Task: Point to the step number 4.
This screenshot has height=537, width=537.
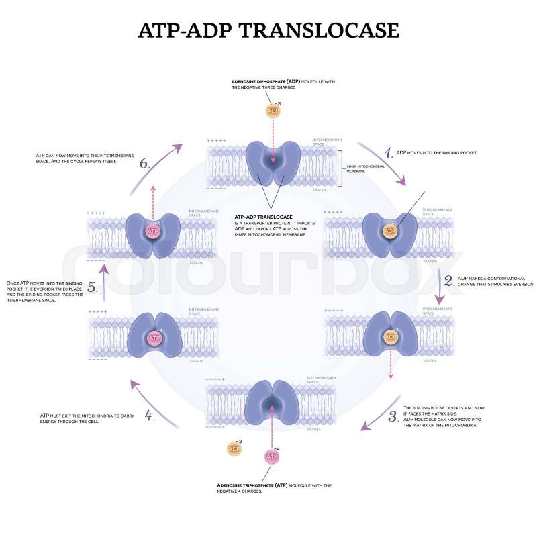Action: tap(150, 414)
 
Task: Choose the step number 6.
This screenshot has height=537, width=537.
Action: tap(144, 163)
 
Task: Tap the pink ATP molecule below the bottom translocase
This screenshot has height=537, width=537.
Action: tap(272, 456)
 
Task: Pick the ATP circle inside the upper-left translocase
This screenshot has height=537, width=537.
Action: tap(152, 231)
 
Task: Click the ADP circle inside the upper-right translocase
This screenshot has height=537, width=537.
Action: tap(389, 231)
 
